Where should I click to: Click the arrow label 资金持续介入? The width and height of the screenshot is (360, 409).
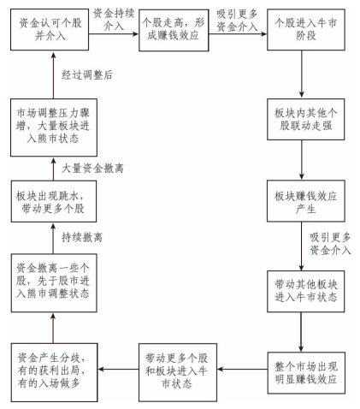(114, 20)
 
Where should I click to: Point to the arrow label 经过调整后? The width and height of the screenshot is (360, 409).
(87, 74)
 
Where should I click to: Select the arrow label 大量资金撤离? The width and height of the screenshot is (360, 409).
(92, 169)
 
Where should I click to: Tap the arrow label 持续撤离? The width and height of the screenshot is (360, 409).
(82, 237)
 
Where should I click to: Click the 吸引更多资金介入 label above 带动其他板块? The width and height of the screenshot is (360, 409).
(330, 244)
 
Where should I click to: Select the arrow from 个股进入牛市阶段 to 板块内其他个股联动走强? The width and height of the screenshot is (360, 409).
(302, 74)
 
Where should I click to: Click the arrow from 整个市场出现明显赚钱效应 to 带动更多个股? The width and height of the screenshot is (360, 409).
(242, 370)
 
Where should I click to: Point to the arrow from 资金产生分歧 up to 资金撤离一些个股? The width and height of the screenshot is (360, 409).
(53, 328)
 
